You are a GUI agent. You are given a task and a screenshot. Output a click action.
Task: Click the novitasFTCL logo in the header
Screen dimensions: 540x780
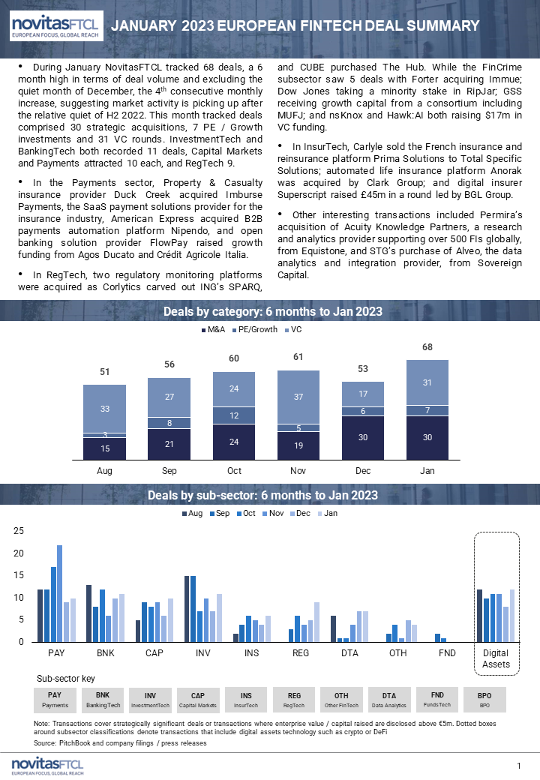pyautogui.click(x=57, y=25)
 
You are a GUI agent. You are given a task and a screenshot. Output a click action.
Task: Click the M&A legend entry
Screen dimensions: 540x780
pyautogui.click(x=213, y=330)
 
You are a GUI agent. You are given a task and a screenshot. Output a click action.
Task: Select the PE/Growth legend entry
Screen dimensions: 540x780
pyautogui.click(x=254, y=330)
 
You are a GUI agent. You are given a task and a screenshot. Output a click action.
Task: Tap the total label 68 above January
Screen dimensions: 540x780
pyautogui.click(x=427, y=347)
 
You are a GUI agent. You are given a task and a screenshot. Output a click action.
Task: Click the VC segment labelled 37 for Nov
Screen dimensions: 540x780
pyautogui.click(x=298, y=397)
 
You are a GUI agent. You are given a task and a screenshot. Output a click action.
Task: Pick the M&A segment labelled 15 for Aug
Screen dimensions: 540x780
pyautogui.click(x=104, y=448)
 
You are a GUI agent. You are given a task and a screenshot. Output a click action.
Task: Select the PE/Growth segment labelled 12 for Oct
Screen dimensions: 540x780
pyautogui.click(x=234, y=415)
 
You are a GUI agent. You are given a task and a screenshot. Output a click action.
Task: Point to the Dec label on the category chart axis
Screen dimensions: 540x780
pyautogui.click(x=363, y=471)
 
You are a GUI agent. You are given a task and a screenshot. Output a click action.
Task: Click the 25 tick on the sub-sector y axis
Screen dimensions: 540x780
pyautogui.click(x=19, y=531)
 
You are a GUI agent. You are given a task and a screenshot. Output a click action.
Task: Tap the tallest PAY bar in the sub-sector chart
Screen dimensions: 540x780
pyautogui.click(x=60, y=594)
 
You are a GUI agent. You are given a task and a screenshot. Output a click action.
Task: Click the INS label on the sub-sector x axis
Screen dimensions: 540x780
pyautogui.click(x=251, y=653)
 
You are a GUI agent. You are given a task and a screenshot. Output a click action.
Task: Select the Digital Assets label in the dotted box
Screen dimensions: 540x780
pyautogui.click(x=496, y=658)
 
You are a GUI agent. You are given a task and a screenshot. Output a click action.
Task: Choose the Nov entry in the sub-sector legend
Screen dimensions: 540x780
pyautogui.click(x=273, y=513)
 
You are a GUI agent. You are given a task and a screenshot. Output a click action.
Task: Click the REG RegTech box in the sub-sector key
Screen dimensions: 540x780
pyautogui.click(x=294, y=700)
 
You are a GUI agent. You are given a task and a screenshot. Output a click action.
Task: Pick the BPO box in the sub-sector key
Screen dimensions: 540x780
pyautogui.click(x=484, y=700)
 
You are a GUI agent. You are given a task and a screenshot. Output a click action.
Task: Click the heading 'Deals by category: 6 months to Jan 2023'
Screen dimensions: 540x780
pyautogui.click(x=273, y=312)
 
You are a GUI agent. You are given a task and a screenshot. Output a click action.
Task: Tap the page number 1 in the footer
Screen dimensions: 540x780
pyautogui.click(x=519, y=766)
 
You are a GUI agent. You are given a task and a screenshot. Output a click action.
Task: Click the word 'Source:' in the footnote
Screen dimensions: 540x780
pyautogui.click(x=45, y=743)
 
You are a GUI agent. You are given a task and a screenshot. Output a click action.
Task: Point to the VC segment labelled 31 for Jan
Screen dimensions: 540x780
pyautogui.click(x=427, y=383)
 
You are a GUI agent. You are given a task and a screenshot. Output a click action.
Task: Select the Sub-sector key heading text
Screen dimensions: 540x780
pyautogui.click(x=66, y=679)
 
